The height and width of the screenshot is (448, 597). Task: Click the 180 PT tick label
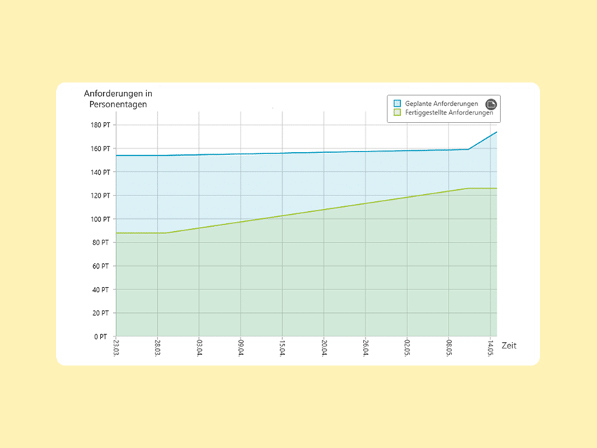(100, 125)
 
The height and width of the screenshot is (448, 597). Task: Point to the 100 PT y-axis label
(100, 219)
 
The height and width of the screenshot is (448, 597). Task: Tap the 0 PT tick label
(102, 336)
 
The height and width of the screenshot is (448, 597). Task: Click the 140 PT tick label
(100, 172)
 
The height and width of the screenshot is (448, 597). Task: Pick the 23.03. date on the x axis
(116, 348)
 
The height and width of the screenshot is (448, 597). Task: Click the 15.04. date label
(282, 348)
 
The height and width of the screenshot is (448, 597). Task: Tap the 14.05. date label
(490, 348)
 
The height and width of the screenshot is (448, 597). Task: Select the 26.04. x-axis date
(365, 348)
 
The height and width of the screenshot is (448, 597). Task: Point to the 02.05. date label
(407, 348)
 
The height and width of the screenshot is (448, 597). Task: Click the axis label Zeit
(509, 346)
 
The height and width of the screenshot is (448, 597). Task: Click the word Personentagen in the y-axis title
(118, 105)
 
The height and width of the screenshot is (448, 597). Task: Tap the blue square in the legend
(397, 104)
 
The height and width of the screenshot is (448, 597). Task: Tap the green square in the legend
(397, 112)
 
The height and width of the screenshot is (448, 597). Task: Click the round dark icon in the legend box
(490, 104)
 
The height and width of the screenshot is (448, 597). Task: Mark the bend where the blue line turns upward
(468, 149)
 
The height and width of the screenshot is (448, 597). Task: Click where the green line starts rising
(164, 233)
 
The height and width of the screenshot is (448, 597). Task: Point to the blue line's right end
(496, 132)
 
